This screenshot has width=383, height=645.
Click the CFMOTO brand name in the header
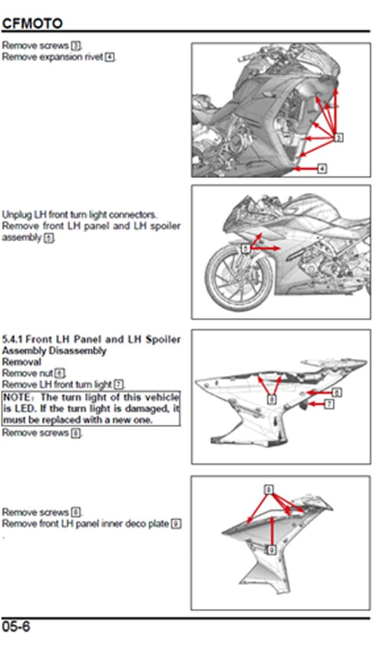pos(32,24)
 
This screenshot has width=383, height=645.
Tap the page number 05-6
pos(17,626)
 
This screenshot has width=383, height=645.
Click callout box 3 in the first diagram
pos(339,137)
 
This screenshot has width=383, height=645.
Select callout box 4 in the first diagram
pos(321,168)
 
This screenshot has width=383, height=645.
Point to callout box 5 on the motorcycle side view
pos(246,248)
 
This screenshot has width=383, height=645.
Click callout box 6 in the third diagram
pos(336,392)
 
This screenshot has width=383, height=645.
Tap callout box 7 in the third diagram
pos(329,405)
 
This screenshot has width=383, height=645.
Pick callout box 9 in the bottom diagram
pos(272,549)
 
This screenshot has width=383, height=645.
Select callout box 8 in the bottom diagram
pos(269,489)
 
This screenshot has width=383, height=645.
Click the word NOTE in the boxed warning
pos(19,397)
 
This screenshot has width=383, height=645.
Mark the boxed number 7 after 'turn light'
pos(119,385)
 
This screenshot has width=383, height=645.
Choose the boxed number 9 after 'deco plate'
pos(175,523)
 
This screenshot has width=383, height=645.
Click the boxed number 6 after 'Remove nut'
pos(60,374)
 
